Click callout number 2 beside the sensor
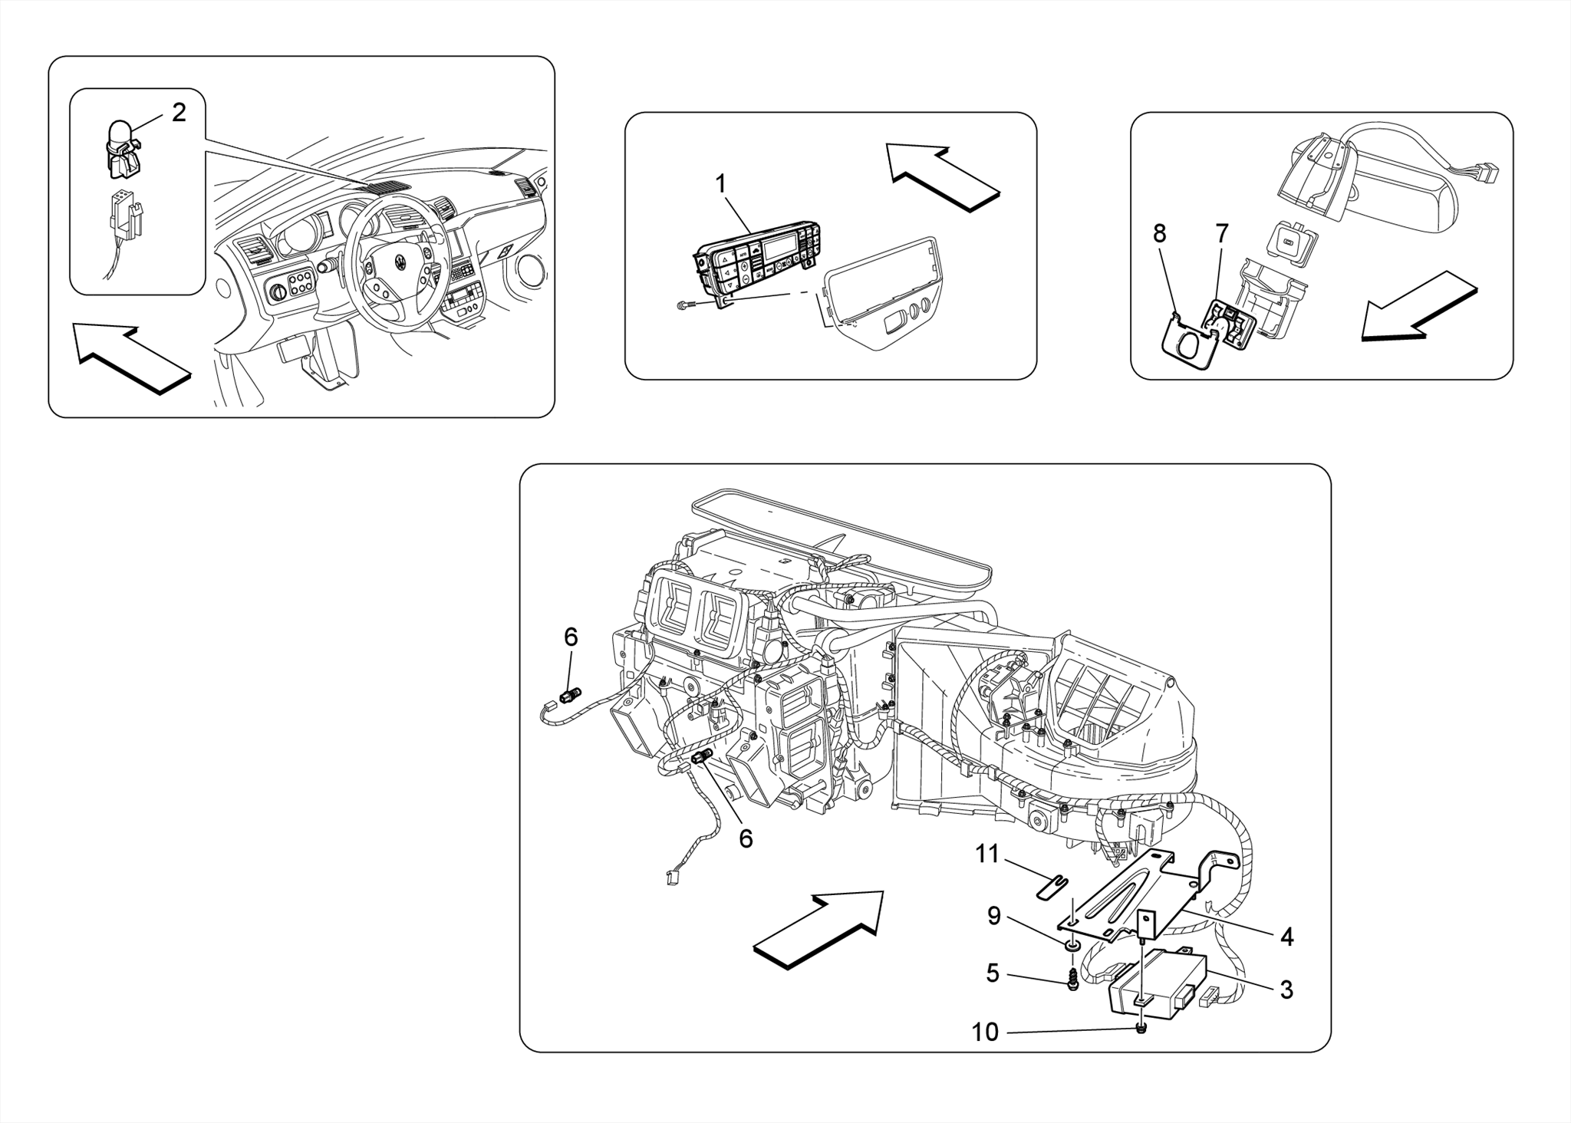point(179,113)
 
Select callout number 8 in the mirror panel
point(1159,233)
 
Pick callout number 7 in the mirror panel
point(1222,233)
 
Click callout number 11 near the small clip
point(987,854)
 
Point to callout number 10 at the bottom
point(985,1032)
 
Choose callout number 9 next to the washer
point(994,916)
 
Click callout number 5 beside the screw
point(993,973)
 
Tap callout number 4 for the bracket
point(1286,937)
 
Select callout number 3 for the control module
point(1286,990)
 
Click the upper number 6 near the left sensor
point(571,637)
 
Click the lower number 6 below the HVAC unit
point(746,838)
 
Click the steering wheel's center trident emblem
point(400,262)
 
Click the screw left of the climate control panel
point(683,305)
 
